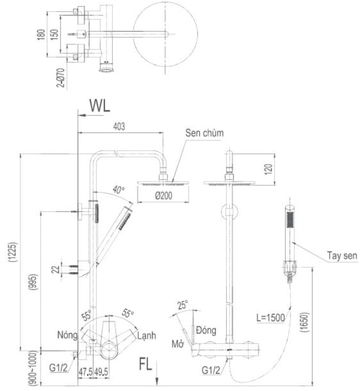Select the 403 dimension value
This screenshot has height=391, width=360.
tap(119, 127)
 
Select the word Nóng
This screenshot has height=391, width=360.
tap(68, 335)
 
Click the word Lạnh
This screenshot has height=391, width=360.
tap(147, 336)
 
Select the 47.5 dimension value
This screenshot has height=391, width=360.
tap(85, 370)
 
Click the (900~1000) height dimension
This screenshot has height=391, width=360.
tap(15, 367)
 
